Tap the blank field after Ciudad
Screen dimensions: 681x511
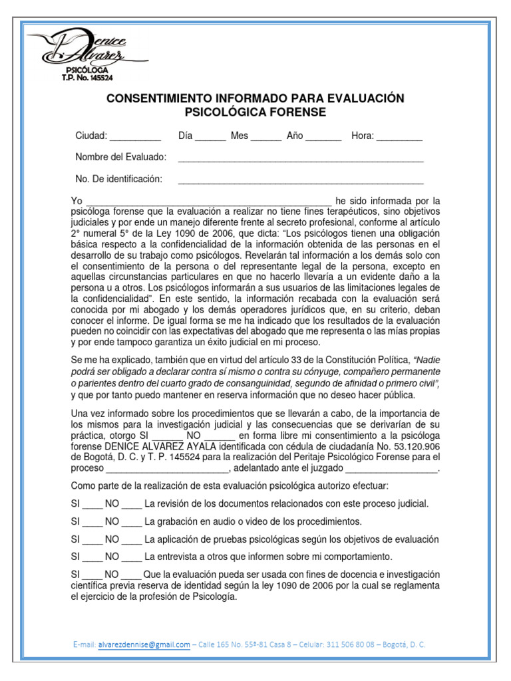click(x=135, y=137)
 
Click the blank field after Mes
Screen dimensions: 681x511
click(x=266, y=137)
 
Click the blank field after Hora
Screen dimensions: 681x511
click(x=399, y=137)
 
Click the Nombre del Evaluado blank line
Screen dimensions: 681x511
click(x=301, y=158)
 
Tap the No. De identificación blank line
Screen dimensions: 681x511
click(x=301, y=180)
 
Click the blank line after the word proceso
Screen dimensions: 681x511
click(x=166, y=468)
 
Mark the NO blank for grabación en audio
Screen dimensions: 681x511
click(x=132, y=522)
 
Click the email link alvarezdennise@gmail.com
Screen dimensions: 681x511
click(x=144, y=644)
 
